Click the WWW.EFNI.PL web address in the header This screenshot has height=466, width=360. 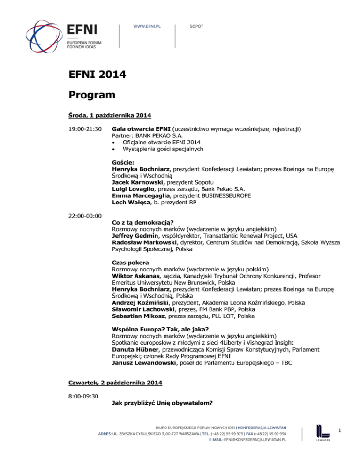tap(147, 27)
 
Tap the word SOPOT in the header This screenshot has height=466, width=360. tap(196, 27)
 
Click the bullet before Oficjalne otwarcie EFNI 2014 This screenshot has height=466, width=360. tap(115, 142)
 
